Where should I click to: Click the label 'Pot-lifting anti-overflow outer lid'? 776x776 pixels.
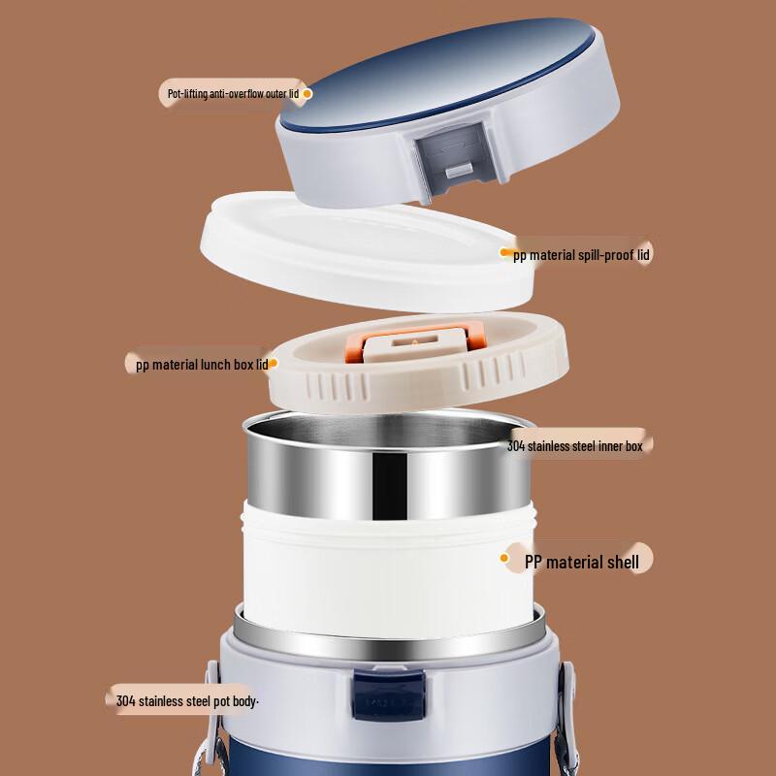point(233,93)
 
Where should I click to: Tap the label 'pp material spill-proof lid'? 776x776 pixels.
point(581,255)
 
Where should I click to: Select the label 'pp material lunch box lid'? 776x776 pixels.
point(202,366)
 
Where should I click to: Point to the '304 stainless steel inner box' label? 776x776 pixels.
point(574,446)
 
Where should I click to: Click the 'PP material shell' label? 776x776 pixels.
point(581,563)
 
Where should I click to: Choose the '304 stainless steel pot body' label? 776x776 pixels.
point(186,701)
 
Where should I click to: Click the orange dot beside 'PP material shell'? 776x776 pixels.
point(504,559)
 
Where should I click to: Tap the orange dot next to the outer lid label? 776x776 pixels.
point(307,93)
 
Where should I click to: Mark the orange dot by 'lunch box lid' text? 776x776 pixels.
point(273,363)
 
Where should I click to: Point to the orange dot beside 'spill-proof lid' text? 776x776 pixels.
point(504,252)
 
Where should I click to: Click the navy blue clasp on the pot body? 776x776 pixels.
point(389,695)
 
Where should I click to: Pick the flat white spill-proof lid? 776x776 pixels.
point(368,252)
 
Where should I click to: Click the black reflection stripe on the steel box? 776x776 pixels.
point(390,487)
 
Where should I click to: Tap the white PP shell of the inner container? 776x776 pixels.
point(389,569)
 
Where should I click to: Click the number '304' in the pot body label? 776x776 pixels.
point(126,701)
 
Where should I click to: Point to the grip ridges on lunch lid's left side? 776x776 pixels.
point(337,386)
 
